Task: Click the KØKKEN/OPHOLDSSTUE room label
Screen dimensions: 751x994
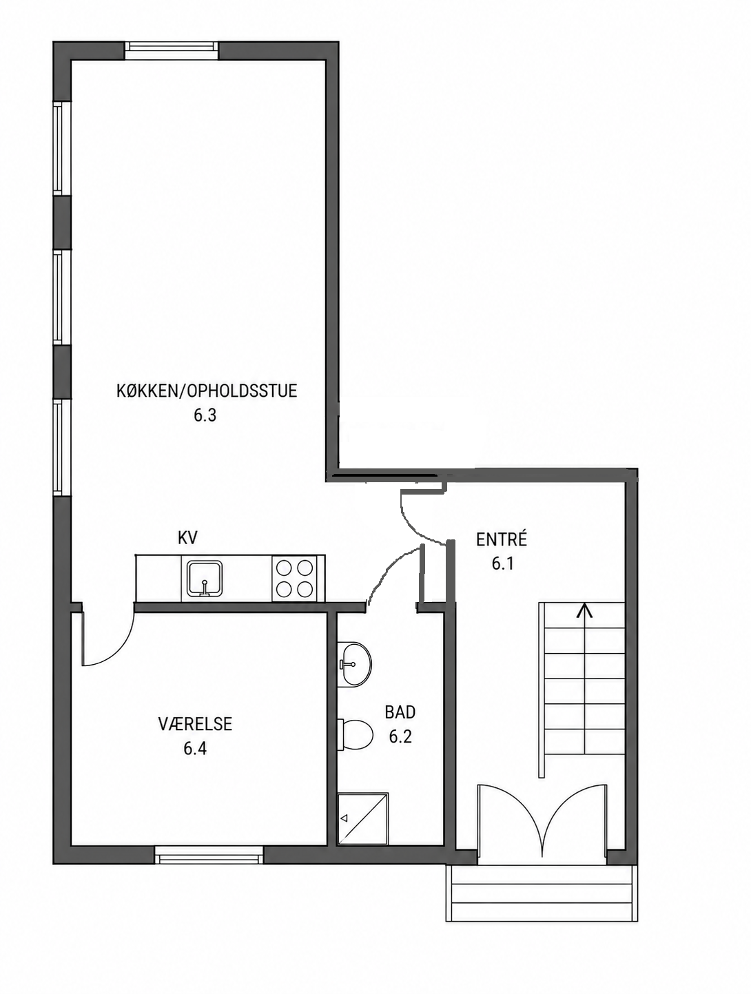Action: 207,391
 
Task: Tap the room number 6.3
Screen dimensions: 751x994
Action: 205,415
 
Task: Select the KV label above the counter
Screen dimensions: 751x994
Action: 187,538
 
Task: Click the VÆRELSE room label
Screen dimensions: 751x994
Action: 195,724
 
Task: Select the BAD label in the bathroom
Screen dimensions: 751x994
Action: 400,712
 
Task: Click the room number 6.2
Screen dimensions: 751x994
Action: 400,737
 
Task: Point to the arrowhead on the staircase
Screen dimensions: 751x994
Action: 585,611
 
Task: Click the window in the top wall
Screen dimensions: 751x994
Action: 172,50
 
